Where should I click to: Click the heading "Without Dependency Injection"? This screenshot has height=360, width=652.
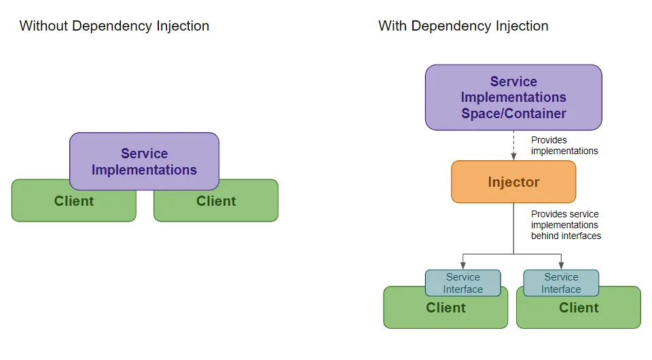point(114,26)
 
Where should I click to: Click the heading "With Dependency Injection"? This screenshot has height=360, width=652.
point(463,26)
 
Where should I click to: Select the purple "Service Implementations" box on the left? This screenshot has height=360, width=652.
point(144,162)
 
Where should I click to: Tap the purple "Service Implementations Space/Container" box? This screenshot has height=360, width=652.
point(513,98)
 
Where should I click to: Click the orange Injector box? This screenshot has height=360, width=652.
point(513,182)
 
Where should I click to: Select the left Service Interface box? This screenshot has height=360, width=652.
point(463,283)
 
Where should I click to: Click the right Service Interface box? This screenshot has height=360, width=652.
point(561,283)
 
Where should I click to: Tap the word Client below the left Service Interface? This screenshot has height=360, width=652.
point(446,308)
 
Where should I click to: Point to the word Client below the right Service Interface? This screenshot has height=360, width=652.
point(579,308)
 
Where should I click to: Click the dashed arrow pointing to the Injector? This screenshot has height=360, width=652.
point(513,145)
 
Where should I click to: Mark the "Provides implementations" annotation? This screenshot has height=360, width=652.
point(564,145)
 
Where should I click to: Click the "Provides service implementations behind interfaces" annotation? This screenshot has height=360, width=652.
point(566,225)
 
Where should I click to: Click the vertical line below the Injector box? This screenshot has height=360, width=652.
point(513,228)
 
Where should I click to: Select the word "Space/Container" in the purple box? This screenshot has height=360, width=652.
point(513,114)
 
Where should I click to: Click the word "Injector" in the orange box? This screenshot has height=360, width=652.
point(513,182)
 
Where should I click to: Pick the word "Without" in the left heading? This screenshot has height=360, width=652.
point(43,26)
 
